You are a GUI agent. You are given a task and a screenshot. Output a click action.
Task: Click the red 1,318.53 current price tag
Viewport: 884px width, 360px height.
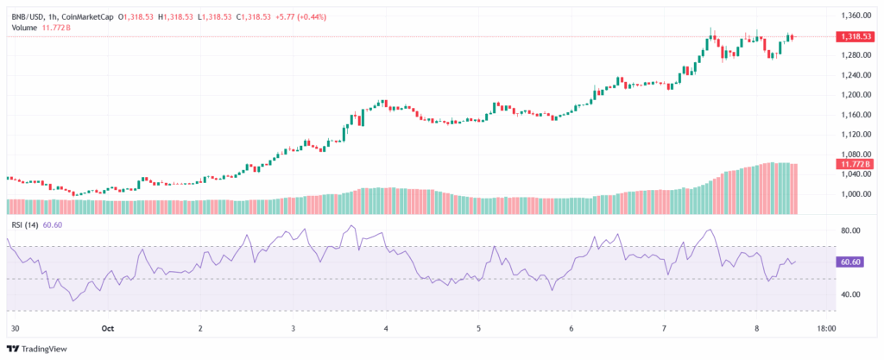point(856,36)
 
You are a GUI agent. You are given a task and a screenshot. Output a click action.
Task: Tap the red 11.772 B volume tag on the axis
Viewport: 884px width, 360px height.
point(855,163)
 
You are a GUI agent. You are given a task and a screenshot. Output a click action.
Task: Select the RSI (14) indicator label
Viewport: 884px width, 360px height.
point(24,224)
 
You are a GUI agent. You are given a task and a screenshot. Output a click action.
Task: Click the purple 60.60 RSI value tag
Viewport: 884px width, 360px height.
point(852,262)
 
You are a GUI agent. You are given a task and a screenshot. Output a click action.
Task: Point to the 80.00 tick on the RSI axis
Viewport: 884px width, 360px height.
point(851,231)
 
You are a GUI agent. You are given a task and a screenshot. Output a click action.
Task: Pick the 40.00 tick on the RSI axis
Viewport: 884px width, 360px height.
point(851,294)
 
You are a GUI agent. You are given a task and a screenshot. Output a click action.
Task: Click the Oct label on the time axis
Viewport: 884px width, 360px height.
point(108,329)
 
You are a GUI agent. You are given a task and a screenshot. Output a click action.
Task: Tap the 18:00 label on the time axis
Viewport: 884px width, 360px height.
point(826,329)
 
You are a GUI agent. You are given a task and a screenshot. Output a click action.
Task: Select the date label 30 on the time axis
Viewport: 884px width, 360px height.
point(15,329)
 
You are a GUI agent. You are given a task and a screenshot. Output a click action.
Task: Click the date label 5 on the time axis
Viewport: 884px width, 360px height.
point(479,329)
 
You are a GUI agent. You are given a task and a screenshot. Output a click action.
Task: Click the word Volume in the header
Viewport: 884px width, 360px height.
point(26,28)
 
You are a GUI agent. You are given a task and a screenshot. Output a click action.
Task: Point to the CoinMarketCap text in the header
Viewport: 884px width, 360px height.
point(86,16)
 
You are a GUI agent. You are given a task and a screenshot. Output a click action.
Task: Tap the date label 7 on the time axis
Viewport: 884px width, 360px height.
point(664,329)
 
